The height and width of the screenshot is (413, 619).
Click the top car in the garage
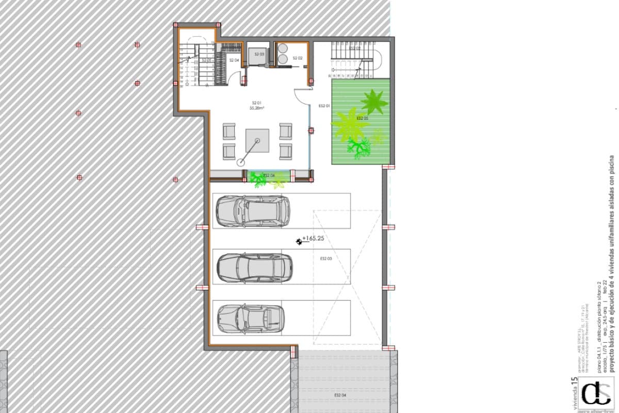tap(252, 210)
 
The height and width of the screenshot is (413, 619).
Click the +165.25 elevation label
tap(313, 239)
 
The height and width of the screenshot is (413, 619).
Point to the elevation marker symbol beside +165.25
tap(299, 241)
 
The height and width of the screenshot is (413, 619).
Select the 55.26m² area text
tap(257, 108)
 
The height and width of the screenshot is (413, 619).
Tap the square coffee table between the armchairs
tap(257, 140)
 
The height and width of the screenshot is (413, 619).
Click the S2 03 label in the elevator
tap(259, 54)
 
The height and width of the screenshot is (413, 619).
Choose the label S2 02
tap(297, 58)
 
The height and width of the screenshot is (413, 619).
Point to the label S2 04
tap(234, 60)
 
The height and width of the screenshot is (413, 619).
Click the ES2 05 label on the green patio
tap(363, 118)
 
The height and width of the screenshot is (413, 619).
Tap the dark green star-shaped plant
tap(374, 101)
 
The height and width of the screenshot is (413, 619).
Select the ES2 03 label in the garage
tap(325, 258)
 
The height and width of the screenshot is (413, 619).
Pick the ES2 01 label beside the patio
tap(324, 106)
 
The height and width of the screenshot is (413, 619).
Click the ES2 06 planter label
tap(269, 176)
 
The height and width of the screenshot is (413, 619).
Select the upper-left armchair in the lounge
tap(229, 131)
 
